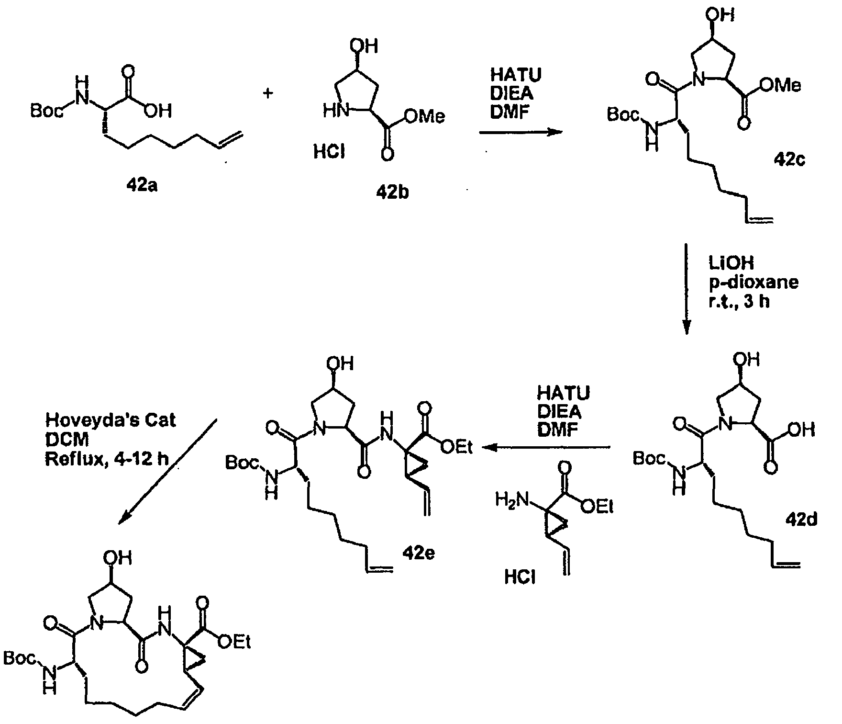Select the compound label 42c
click(x=789, y=159)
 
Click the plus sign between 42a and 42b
click(x=268, y=93)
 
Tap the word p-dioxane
click(x=753, y=283)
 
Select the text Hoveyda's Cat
click(x=111, y=420)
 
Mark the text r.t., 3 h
click(x=739, y=302)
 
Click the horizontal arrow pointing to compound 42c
click(x=520, y=132)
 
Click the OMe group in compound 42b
click(x=424, y=116)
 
